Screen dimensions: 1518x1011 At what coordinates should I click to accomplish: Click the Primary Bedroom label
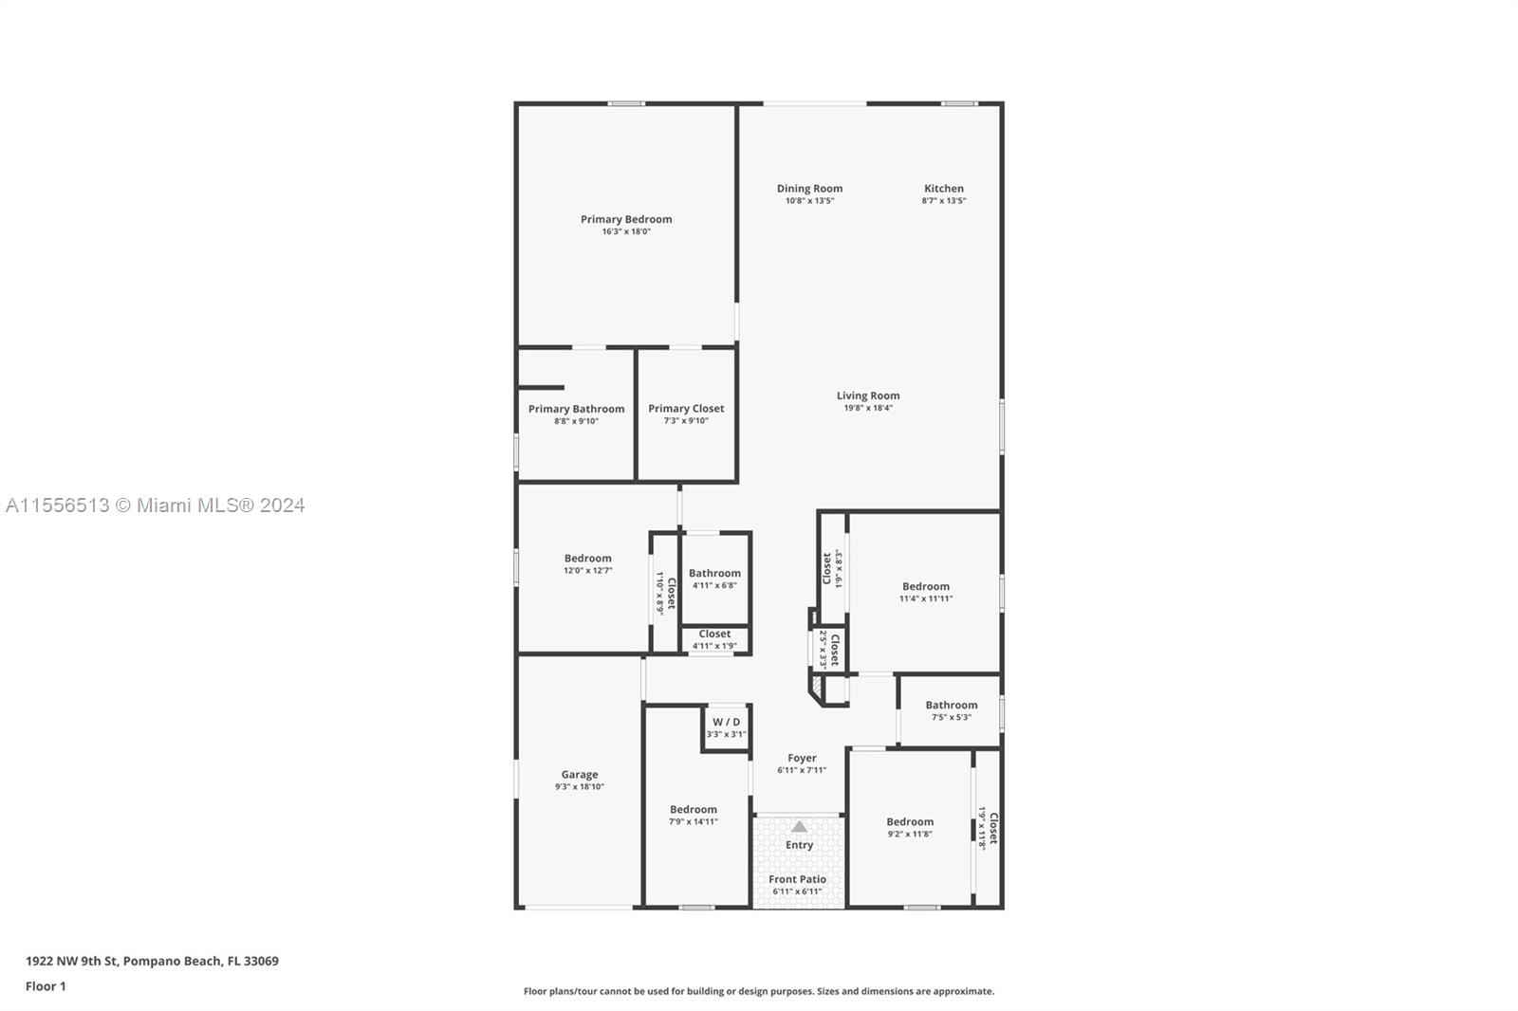[626, 219]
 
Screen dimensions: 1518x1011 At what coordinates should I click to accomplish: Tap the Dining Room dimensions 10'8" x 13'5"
[810, 200]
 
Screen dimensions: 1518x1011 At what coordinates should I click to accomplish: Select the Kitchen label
[944, 189]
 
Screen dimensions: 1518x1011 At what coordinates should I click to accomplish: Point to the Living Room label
[868, 395]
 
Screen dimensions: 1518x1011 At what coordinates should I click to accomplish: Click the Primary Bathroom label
[576, 410]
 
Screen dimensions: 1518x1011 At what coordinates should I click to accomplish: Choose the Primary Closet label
[686, 409]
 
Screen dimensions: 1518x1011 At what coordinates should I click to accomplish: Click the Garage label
[580, 775]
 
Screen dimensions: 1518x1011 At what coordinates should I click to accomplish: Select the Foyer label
[802, 759]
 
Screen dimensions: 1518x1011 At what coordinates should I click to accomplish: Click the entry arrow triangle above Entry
[799, 827]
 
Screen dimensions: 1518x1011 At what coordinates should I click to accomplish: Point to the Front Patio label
[798, 879]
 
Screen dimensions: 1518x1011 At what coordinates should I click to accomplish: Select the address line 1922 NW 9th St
[152, 961]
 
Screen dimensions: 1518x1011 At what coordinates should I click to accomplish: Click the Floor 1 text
[46, 986]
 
